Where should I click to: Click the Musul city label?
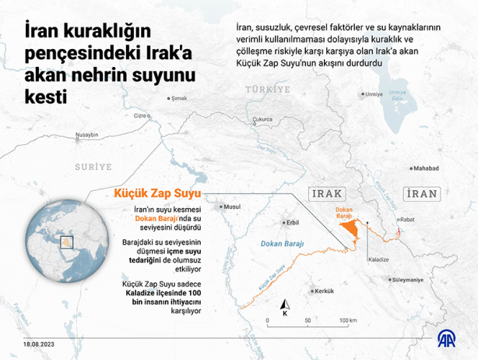(x=232, y=206)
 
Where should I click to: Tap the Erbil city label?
(x=293, y=222)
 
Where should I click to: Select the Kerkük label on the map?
(x=323, y=291)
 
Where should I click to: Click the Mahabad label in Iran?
(x=427, y=168)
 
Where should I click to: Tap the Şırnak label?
(x=179, y=99)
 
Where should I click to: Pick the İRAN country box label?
(x=421, y=193)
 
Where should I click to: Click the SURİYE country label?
(x=93, y=166)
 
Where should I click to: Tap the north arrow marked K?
(x=286, y=309)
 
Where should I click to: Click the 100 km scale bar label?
(x=347, y=320)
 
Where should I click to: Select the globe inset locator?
(x=63, y=239)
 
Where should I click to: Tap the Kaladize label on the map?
(x=378, y=257)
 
